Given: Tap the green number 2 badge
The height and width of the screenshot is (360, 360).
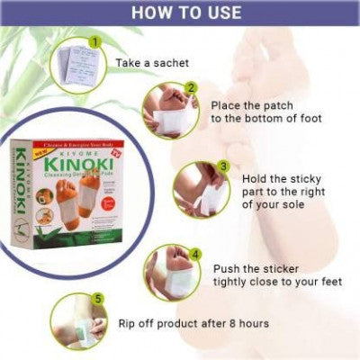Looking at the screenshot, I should pos(192,89).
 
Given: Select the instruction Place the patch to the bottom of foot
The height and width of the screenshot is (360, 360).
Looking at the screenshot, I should pos(260,111).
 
